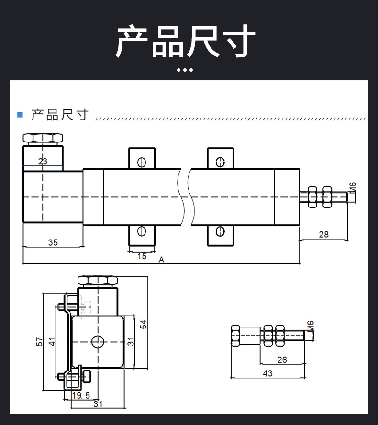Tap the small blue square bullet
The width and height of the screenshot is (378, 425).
click(20, 115)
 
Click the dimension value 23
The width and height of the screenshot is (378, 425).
click(43, 162)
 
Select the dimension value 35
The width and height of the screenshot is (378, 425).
click(53, 242)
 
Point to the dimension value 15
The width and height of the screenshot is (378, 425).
click(142, 256)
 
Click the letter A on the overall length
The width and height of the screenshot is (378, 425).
click(162, 260)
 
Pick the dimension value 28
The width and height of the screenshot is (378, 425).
click(324, 234)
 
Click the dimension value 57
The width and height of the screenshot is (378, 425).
click(39, 341)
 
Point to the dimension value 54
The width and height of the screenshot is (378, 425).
click(143, 324)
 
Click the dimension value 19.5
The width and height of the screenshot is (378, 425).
click(81, 395)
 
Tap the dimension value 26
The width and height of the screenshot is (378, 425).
click(282, 360)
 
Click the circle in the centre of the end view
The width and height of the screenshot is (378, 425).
click(98, 341)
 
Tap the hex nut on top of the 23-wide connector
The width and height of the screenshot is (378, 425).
click(43, 139)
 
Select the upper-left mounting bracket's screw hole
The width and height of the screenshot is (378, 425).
click(141, 162)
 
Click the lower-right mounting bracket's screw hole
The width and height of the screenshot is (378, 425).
click(220, 231)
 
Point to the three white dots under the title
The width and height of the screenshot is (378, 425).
click(185, 70)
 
